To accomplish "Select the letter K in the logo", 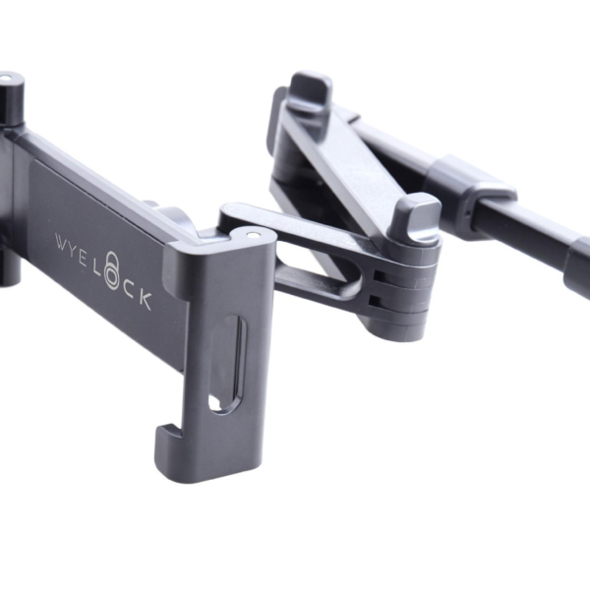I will click(x=147, y=301).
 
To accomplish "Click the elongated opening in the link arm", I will click(x=315, y=275).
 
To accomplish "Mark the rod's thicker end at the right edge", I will click(x=578, y=264).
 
